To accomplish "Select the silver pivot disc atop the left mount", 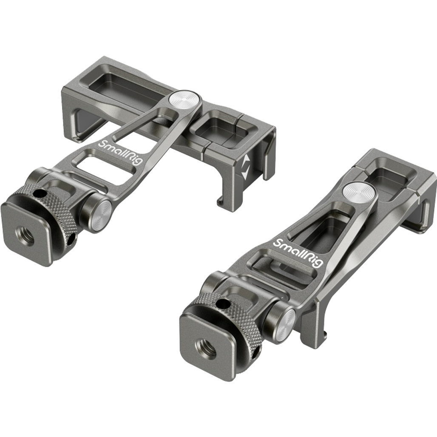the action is [184, 100].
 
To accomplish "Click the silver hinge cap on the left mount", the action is [101, 215].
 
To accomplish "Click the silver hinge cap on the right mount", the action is [284, 323].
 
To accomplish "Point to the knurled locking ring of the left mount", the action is [53, 212].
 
